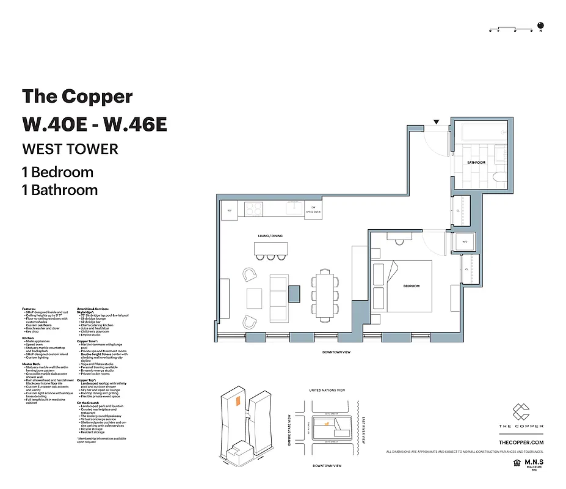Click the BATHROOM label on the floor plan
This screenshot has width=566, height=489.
click(476, 163)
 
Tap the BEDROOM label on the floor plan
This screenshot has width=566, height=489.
click(411, 286)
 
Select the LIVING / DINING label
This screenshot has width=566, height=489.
click(269, 236)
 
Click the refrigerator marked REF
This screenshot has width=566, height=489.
click(230, 210)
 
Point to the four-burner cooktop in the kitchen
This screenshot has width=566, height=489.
click(253, 210)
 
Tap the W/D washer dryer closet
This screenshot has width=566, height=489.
click(464, 242)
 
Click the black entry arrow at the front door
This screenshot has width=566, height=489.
click(435, 122)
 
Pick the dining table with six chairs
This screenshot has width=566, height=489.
click(324, 292)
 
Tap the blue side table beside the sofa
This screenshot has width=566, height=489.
click(294, 293)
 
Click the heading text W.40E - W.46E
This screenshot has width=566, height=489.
click(94, 123)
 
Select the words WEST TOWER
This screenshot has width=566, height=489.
click(70, 149)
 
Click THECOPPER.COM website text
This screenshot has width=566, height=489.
click(521, 441)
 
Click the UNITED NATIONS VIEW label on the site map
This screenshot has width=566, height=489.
click(327, 390)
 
